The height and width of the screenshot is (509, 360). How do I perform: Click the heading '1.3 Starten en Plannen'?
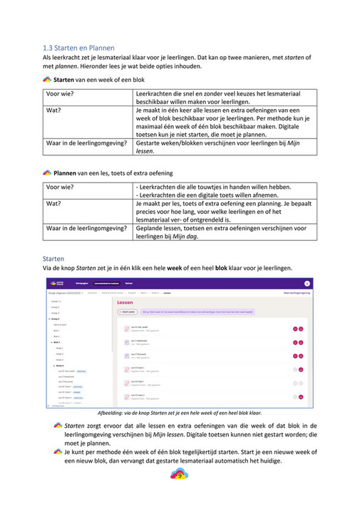[x=78, y=47]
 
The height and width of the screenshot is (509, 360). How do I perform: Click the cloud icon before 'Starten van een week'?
[x=47, y=80]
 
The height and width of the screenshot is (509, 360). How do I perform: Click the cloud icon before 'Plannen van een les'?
[x=47, y=173]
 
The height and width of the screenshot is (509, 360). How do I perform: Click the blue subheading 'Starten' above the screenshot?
[x=53, y=257]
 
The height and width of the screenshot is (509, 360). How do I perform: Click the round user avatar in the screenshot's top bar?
[x=307, y=283]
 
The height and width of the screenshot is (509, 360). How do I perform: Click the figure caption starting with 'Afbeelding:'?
[x=179, y=413]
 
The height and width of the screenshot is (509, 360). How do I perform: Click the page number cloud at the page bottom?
[x=180, y=475]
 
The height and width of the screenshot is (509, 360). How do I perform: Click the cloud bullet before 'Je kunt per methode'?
[x=58, y=452]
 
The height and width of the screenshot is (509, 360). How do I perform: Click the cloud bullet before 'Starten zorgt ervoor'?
[x=58, y=425]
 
